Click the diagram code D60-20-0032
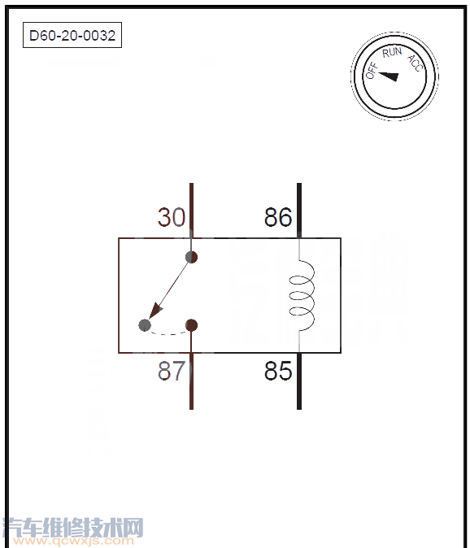coord(72,35)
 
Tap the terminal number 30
coord(172,217)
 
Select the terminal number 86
coord(278,217)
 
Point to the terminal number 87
coord(172,371)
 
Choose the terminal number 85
coord(278,371)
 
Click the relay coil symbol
coord(302,295)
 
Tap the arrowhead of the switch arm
coord(154,311)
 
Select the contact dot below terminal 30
coord(191,257)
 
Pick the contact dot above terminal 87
coord(191,325)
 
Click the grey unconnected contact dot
coord(145,325)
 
